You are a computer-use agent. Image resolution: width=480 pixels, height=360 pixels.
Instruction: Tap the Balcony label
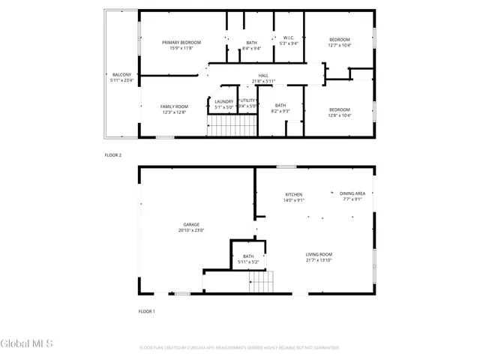click(x=121, y=75)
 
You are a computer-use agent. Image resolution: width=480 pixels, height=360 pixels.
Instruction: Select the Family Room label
click(x=174, y=106)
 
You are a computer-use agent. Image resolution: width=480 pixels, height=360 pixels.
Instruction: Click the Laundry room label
click(x=223, y=101)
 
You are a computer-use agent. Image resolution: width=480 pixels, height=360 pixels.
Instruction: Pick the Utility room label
click(x=248, y=100)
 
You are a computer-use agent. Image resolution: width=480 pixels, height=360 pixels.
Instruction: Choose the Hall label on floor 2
click(x=263, y=76)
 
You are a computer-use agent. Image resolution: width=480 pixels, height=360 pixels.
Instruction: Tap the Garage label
click(x=191, y=224)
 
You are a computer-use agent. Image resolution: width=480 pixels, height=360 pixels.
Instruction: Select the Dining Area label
click(x=352, y=193)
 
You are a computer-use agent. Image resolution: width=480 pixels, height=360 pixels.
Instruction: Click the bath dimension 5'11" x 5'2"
click(x=248, y=262)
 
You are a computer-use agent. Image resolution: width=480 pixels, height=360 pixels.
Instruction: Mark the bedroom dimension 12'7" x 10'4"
click(x=340, y=45)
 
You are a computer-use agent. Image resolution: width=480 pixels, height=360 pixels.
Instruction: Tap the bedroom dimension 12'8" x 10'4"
click(x=340, y=115)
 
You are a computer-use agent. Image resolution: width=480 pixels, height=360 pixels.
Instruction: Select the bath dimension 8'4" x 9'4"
click(x=252, y=48)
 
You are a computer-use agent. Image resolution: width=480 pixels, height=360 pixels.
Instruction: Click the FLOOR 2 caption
click(x=112, y=154)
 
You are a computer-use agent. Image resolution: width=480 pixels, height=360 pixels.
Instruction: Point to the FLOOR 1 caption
click(x=146, y=310)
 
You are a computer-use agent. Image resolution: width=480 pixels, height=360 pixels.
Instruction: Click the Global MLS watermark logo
click(x=27, y=344)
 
